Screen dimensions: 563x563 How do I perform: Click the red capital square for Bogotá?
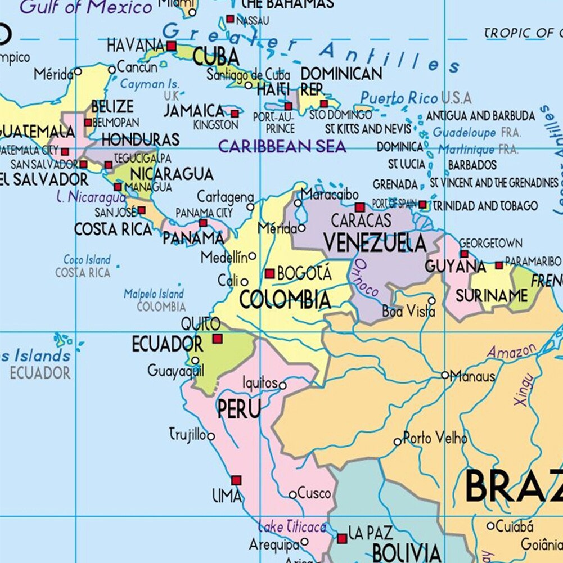point(270,274)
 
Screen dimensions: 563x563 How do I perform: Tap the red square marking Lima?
point(236,480)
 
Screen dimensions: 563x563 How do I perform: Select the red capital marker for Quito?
point(217,339)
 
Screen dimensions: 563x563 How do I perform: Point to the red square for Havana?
point(172,46)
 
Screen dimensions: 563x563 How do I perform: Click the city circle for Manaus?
point(445,375)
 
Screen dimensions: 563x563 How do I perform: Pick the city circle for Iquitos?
point(283,386)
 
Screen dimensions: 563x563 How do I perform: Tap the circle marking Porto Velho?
point(398,442)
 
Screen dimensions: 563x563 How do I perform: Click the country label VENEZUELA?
point(375,242)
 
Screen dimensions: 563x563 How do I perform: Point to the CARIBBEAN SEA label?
point(282,147)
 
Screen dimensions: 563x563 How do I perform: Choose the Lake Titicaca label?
point(292,527)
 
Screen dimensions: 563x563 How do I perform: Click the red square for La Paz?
point(342,538)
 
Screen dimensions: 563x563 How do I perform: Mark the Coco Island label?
point(87,260)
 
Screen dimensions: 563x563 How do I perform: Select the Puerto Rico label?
point(399,98)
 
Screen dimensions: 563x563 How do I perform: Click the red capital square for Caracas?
point(359,208)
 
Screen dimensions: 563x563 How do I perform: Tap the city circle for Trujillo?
point(211,436)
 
